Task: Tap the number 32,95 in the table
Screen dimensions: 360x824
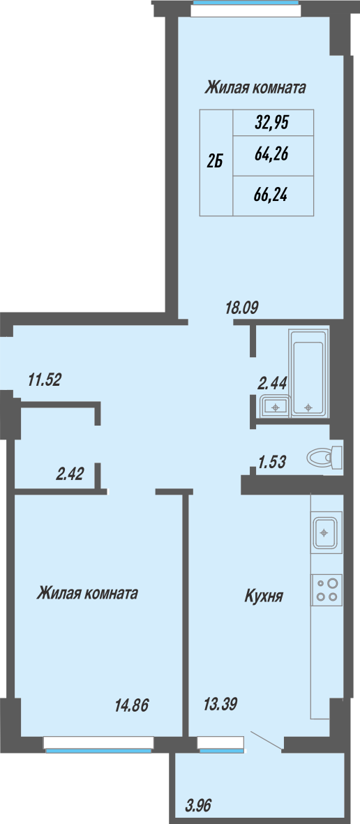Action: point(272,123)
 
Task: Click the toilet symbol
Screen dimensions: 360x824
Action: point(325,456)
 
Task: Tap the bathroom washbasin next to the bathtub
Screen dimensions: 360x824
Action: point(275,405)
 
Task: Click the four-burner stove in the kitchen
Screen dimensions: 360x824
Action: point(327,590)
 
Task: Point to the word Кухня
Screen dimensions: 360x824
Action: point(264,597)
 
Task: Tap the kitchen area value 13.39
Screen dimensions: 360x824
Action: point(220,705)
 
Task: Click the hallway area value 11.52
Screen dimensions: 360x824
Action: point(45,380)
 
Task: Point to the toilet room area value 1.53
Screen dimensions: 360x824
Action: point(271,462)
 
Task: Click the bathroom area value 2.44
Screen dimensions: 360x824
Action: point(272,383)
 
